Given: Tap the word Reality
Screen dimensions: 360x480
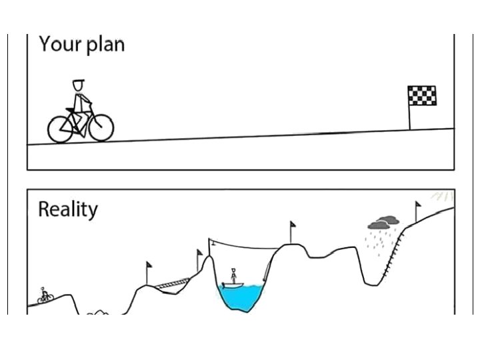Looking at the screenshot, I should (x=67, y=209).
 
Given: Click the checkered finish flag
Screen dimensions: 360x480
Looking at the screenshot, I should (x=422, y=96).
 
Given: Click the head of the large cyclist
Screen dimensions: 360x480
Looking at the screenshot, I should (x=79, y=86).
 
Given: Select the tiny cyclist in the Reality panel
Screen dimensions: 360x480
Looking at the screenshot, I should (x=44, y=295).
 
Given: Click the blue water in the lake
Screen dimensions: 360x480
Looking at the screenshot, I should (x=242, y=297).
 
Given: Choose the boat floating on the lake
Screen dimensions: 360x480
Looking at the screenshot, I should (x=233, y=285).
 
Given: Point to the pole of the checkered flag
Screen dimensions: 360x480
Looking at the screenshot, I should (x=409, y=117).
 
